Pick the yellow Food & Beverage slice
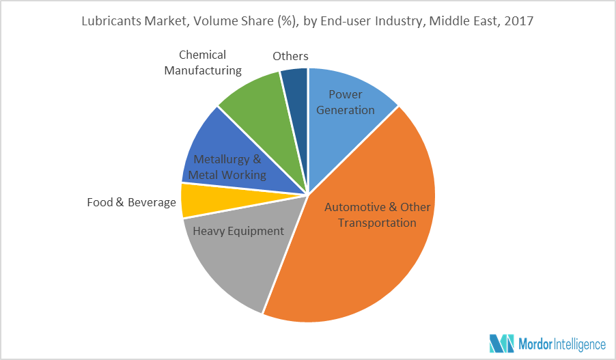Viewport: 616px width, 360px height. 195,202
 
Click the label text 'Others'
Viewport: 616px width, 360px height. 290,56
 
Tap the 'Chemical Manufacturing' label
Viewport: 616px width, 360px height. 203,62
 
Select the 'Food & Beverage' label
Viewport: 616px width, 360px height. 132,202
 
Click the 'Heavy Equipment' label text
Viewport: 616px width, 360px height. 238,231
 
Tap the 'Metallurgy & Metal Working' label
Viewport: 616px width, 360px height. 227,167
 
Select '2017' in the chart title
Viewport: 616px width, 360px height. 519,21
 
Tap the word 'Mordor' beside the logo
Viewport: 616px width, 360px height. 540,344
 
